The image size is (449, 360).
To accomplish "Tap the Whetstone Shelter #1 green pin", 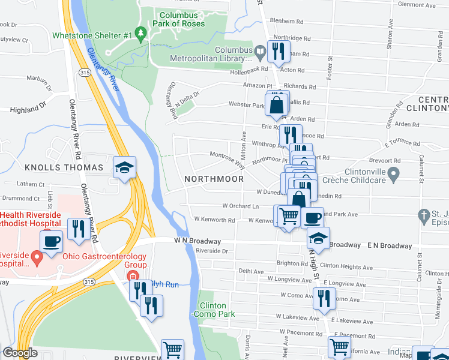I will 142,34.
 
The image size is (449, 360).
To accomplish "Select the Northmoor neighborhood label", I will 214,179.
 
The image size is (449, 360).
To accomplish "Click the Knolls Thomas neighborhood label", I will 65,167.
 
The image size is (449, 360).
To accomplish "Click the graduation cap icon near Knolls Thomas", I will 124,168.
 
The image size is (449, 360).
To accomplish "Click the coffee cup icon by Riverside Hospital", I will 51,241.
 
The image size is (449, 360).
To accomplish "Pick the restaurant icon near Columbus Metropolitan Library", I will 279,51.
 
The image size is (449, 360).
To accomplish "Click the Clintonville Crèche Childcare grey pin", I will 394,175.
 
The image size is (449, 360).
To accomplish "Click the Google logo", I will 20,353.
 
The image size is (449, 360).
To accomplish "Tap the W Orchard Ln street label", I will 241,206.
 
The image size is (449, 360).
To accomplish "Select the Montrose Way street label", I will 227,160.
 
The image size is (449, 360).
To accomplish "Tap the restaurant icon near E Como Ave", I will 324,298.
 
